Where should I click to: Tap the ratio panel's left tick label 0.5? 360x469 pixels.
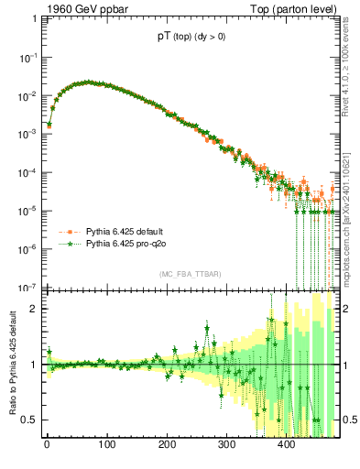click(x=29, y=420)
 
